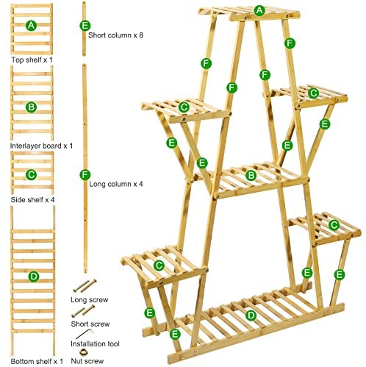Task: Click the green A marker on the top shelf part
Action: click(x=31, y=25)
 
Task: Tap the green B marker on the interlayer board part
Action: click(x=31, y=107)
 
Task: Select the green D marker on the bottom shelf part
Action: click(x=34, y=277)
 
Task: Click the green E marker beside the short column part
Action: click(x=85, y=26)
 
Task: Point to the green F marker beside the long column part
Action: click(x=85, y=175)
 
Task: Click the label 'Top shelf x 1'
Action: click(x=32, y=60)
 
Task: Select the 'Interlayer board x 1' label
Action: click(x=41, y=146)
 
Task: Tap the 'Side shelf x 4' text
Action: click(x=32, y=200)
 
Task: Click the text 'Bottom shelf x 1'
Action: click(x=37, y=361)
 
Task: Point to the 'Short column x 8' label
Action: click(x=115, y=35)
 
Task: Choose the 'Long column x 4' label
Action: click(x=116, y=184)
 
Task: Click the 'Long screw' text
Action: click(x=90, y=299)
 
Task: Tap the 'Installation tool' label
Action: click(x=95, y=343)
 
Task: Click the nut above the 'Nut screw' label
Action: click(x=84, y=352)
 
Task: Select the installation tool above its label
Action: click(x=85, y=334)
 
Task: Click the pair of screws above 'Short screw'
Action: click(x=83, y=311)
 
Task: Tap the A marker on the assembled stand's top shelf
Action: click(x=259, y=10)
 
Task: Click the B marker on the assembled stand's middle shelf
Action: click(x=251, y=175)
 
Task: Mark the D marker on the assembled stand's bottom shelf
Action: click(x=251, y=316)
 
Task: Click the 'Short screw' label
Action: click(x=90, y=324)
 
